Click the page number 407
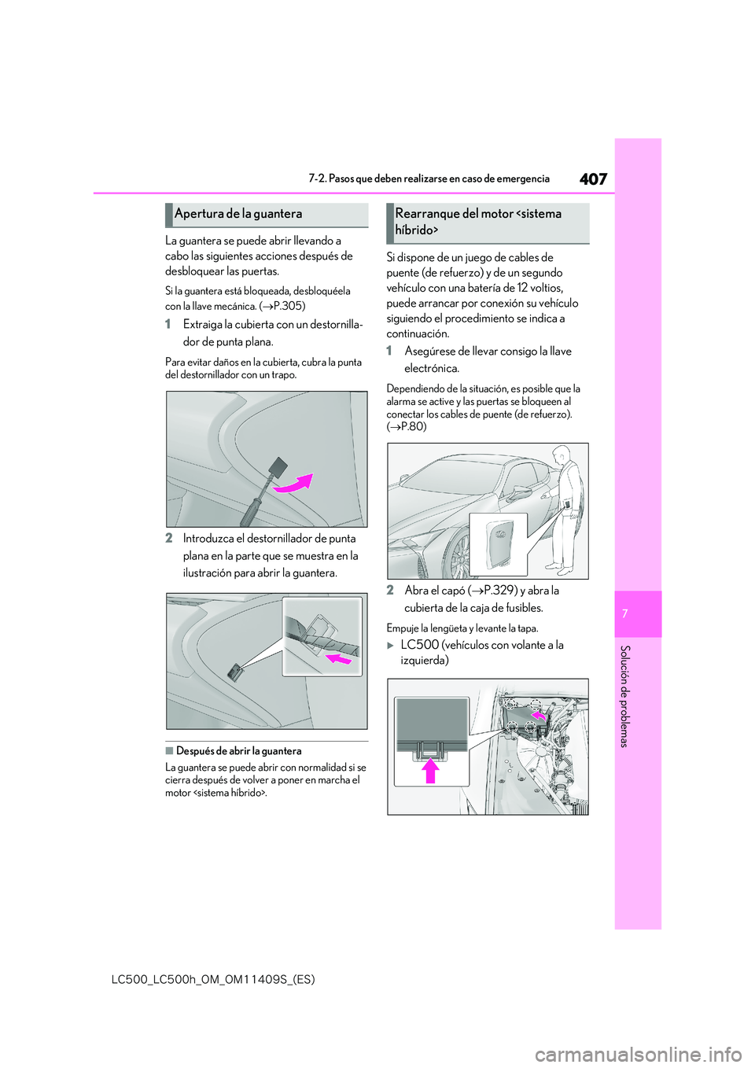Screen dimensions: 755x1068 tap(594, 179)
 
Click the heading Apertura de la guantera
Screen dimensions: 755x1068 tap(238, 214)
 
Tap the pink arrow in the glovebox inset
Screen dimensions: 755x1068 tap(338, 658)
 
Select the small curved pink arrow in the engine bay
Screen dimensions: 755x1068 tap(539, 716)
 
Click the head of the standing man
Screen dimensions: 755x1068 tap(562, 455)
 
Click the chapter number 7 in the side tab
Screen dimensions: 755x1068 tap(638, 613)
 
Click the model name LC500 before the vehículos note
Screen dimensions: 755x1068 tap(420, 645)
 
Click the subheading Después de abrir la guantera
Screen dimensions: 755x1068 tap(239, 751)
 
